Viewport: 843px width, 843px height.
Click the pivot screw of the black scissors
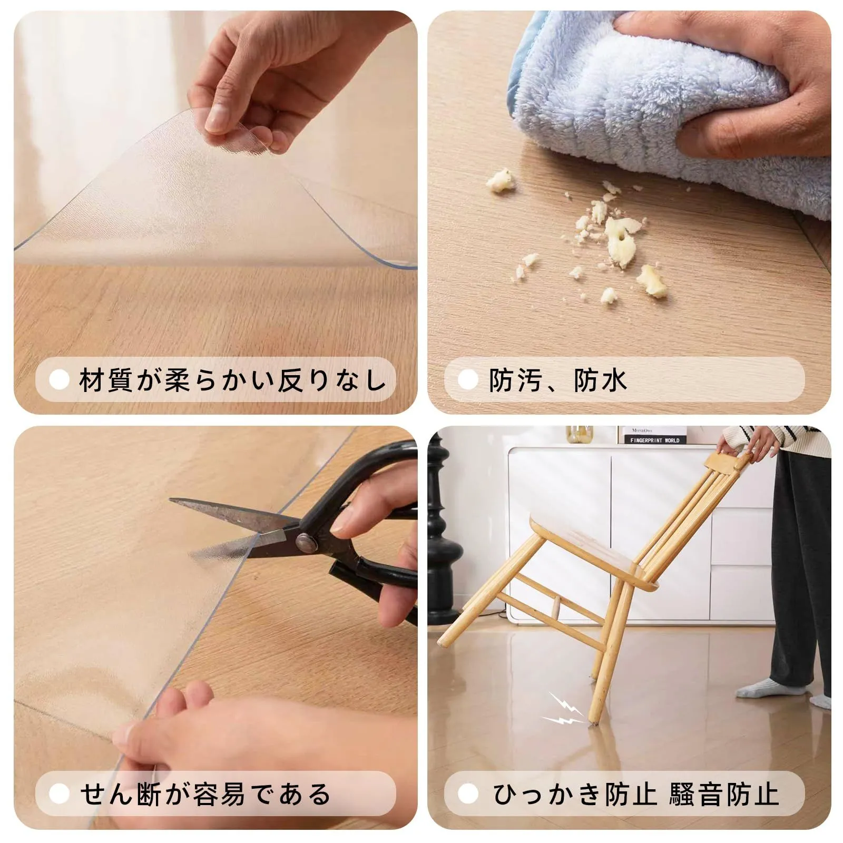(x=304, y=541)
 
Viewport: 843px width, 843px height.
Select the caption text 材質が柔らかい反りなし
(x=233, y=380)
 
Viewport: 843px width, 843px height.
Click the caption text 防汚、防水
(x=557, y=380)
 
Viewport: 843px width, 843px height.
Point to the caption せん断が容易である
(x=205, y=794)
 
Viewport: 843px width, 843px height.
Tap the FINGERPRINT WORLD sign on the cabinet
(x=655, y=440)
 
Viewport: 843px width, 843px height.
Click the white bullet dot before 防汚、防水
(x=468, y=380)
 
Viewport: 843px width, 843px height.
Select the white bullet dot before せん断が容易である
(x=59, y=794)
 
